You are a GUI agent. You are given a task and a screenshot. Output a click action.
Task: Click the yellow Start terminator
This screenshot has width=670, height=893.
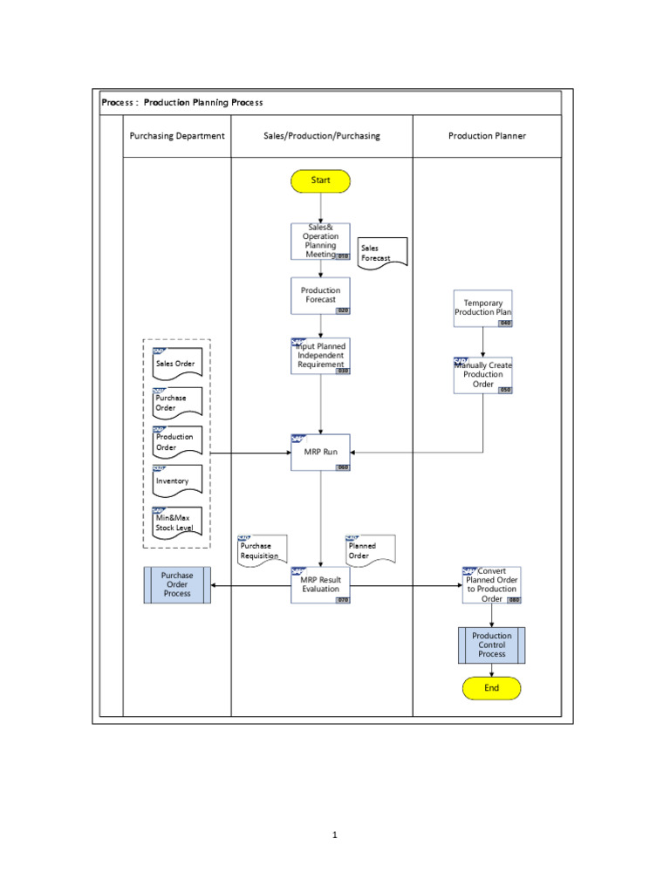(321, 181)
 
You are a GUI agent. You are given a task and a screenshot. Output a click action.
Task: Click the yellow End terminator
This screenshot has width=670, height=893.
(492, 688)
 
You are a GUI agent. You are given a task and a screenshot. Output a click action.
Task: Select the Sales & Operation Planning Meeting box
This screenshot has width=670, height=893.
(320, 242)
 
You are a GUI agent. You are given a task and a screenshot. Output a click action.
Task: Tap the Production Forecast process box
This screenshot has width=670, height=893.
(320, 296)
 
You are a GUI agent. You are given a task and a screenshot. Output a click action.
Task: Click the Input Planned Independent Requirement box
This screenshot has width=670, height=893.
(320, 357)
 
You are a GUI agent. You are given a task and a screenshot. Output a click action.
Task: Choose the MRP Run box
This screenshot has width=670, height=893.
(320, 452)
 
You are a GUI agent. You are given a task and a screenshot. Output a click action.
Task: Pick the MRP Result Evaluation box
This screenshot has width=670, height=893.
(320, 585)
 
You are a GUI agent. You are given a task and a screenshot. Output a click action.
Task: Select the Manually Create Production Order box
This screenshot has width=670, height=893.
(483, 375)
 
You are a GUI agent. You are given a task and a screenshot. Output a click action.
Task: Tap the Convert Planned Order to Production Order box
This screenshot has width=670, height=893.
(492, 585)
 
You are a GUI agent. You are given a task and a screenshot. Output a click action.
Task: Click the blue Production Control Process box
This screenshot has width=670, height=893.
(492, 645)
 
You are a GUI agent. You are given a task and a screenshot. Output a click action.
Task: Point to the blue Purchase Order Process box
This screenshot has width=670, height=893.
(177, 585)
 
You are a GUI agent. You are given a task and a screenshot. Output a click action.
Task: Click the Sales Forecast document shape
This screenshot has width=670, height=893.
(383, 253)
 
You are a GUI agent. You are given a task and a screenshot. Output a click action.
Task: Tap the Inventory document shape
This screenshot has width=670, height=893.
(177, 481)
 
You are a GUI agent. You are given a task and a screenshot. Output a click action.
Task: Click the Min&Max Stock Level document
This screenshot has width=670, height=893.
(177, 522)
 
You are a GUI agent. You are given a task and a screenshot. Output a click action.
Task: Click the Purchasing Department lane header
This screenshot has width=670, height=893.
(177, 136)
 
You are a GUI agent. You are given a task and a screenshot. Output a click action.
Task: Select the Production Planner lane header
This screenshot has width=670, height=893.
(487, 136)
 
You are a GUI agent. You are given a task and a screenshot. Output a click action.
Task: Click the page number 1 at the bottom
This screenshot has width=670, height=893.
(335, 835)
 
